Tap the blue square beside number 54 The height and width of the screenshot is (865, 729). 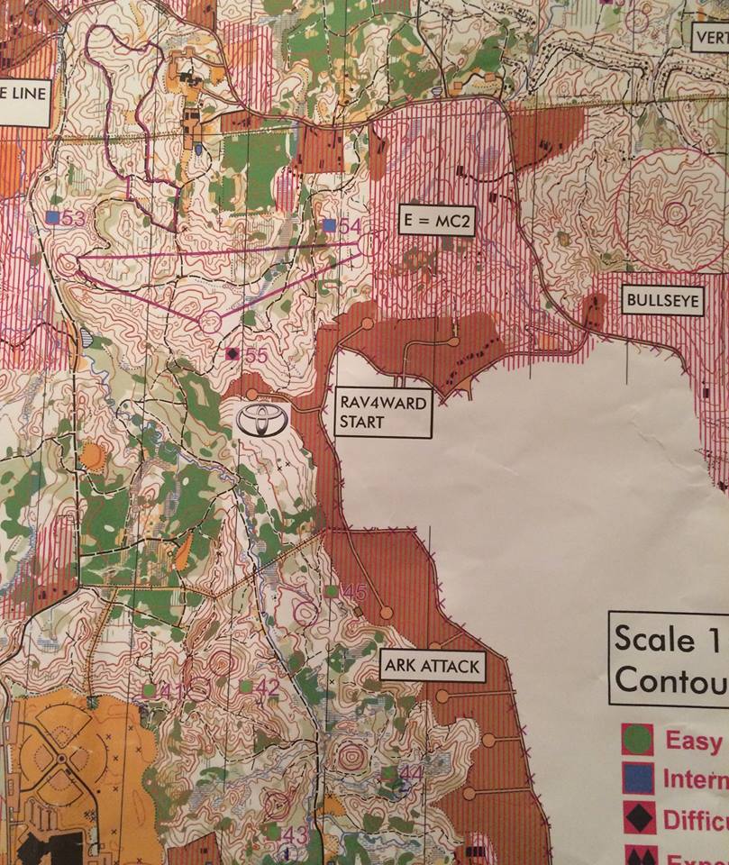pyautogui.click(x=330, y=224)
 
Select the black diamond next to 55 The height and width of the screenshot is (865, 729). pyautogui.click(x=233, y=354)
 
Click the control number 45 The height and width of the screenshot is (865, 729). pyautogui.click(x=354, y=592)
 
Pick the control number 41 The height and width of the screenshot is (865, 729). pyautogui.click(x=171, y=691)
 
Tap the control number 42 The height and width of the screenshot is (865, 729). pyautogui.click(x=268, y=687)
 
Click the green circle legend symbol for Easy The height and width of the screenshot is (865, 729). pyautogui.click(x=637, y=740)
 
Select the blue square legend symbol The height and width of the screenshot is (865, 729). pyautogui.click(x=637, y=779)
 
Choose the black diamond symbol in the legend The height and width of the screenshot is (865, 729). pyautogui.click(x=637, y=818)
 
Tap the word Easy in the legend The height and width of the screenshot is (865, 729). pyautogui.click(x=695, y=741)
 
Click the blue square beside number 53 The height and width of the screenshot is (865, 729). pyautogui.click(x=52, y=217)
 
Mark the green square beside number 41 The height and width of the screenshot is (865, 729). pyautogui.click(x=149, y=690)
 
